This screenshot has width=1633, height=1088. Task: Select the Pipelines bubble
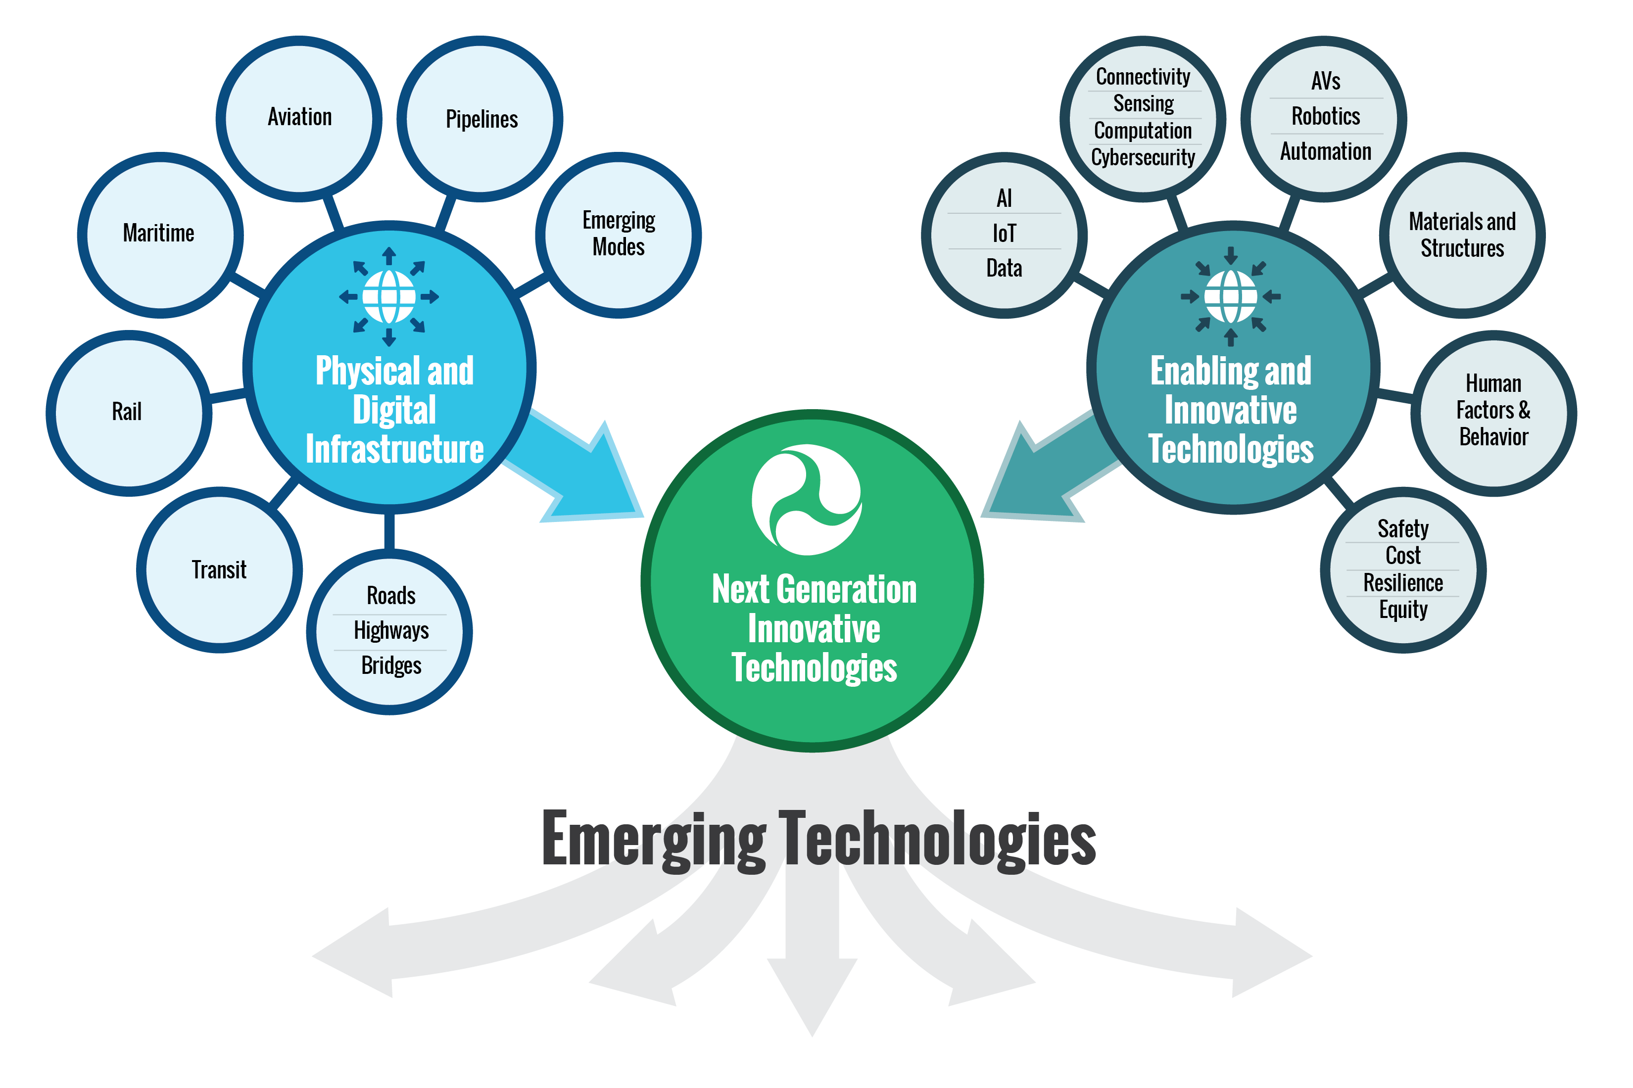pyautogui.click(x=480, y=119)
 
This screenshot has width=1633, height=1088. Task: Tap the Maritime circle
pyautogui.click(x=160, y=235)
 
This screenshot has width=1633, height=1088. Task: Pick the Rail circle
pyautogui.click(x=128, y=412)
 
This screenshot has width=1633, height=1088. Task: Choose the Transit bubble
pyautogui.click(x=219, y=569)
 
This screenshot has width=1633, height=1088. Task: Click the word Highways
pyautogui.click(x=391, y=631)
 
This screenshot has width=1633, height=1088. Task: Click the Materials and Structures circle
pyautogui.click(x=1462, y=235)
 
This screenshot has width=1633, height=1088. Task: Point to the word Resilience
pyautogui.click(x=1402, y=583)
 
